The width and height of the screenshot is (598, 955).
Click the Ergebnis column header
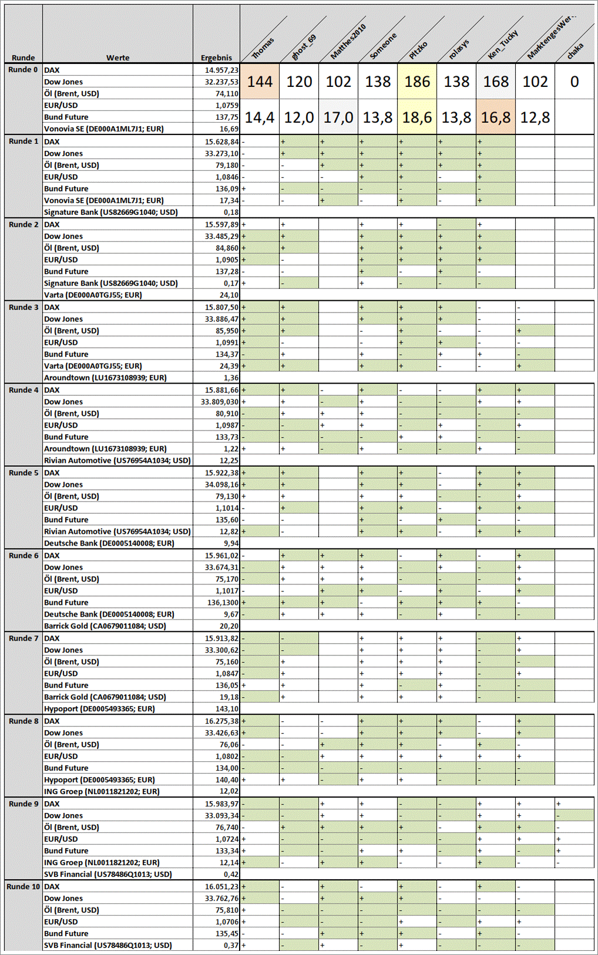pos(216,58)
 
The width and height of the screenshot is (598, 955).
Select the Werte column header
pos(117,58)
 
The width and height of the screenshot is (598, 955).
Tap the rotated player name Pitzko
pos(418,51)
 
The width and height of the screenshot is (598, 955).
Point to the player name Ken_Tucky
pos(503,45)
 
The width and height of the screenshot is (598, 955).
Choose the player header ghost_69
pos(304,47)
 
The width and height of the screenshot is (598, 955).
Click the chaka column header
pos(575,51)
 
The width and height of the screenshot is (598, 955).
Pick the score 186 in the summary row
pos(417,82)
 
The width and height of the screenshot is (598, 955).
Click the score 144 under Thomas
pos(260,82)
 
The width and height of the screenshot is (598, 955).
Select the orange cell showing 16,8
pos(496,117)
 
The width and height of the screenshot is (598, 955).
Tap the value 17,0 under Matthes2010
pos(338,117)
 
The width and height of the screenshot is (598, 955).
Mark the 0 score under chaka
pos(575,82)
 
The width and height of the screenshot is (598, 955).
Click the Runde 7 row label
pos(23,638)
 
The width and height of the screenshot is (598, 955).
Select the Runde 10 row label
pos(23,886)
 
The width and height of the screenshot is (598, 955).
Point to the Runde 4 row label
pos(23,390)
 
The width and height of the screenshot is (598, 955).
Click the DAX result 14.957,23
pos(221,70)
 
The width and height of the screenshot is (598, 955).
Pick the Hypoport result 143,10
pos(226,709)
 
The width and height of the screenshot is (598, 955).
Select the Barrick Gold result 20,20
pos(229,626)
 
